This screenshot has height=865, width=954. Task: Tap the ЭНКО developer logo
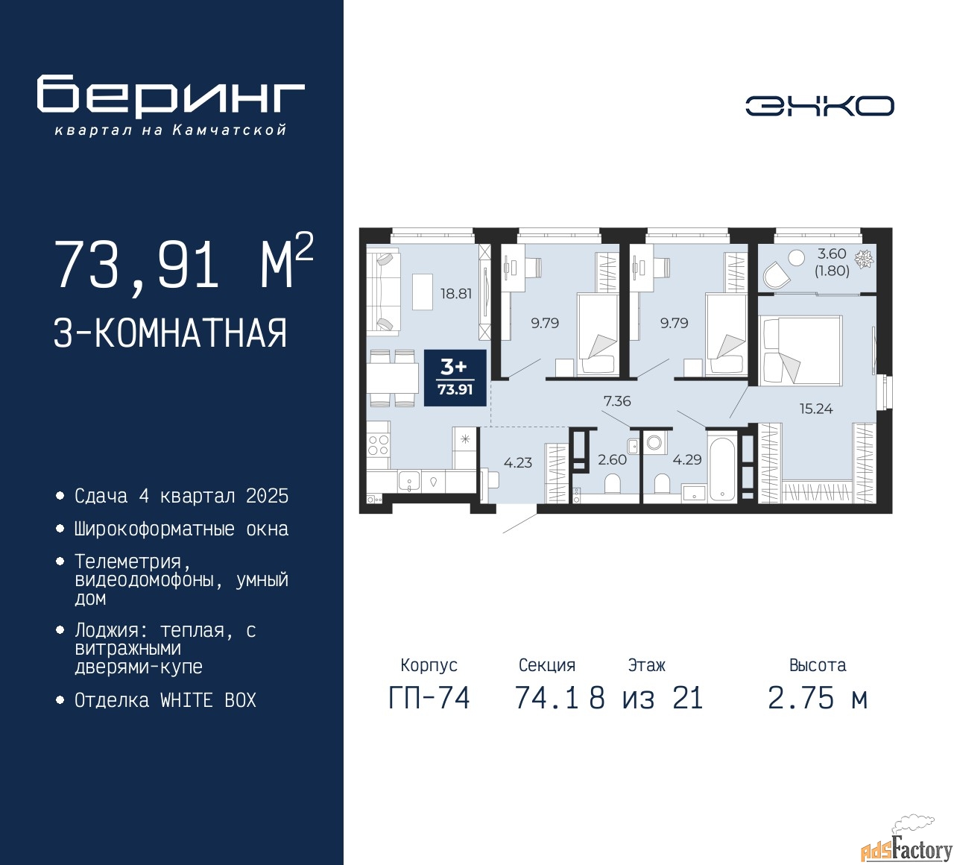point(819,106)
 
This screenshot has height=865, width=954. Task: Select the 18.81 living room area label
point(455,294)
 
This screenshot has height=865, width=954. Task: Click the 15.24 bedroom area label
point(816,409)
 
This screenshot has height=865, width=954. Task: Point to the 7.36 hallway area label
point(617,401)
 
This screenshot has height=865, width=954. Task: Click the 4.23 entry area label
point(518,462)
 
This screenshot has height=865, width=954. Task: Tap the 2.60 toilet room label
point(612,459)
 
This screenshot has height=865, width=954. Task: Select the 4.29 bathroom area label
point(686,459)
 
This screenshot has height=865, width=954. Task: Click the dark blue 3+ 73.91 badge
point(455,378)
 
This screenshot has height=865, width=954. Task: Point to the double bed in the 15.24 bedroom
point(800,350)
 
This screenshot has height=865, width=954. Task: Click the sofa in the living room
point(384,292)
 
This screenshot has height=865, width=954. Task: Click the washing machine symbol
point(654,443)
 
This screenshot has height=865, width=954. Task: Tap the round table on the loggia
point(796,258)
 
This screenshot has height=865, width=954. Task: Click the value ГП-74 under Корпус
point(429,699)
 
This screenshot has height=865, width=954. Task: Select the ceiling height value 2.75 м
point(818,699)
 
